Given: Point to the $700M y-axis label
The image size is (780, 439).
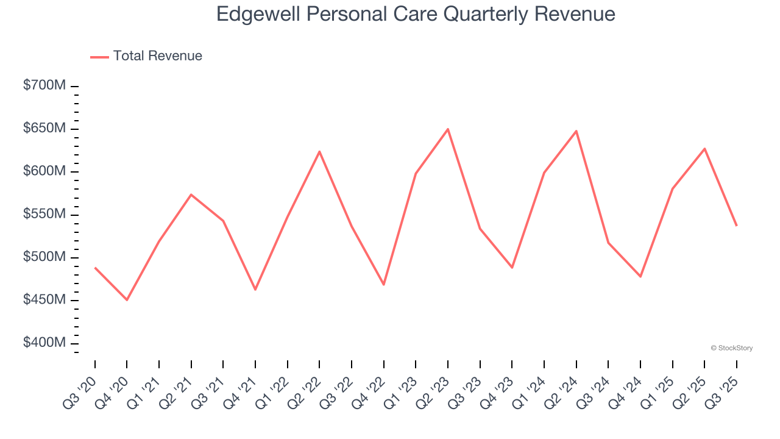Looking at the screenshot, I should coord(44,85).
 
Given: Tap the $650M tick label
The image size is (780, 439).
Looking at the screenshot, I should coord(44,129).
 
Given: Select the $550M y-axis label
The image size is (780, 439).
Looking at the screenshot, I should coord(44,215).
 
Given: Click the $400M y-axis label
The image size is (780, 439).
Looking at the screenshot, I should coord(44,343).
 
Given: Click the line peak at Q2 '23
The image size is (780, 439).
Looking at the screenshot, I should coord(448,129).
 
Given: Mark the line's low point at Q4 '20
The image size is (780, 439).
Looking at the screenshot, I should coord(127,299).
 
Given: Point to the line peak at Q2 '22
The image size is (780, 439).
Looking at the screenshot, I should coord(319,151).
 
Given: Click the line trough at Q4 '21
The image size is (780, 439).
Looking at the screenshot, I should coord(255,290).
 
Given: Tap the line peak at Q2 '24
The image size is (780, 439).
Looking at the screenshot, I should coord(576,131).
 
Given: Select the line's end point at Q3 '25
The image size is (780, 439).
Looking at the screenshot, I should coord(736,226).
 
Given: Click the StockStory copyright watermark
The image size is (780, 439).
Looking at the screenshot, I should coord(732,348).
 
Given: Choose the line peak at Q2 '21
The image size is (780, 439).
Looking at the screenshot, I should coord(191,195).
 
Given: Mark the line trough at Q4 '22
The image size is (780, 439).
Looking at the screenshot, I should coord(384,285).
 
